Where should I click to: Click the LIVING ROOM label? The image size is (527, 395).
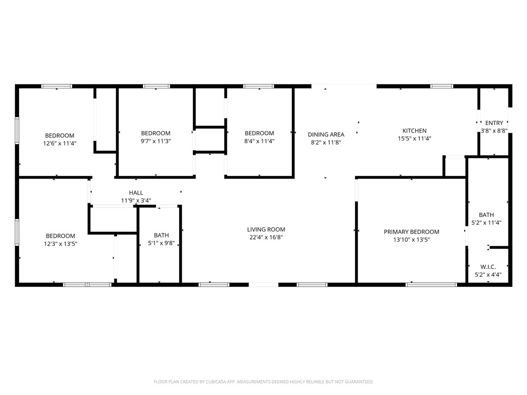[266, 229]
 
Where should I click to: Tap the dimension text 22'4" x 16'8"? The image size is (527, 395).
[266, 237]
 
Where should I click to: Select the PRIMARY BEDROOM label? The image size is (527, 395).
[411, 232]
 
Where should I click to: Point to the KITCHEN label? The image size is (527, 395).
[414, 131]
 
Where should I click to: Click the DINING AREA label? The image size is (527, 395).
[326, 135]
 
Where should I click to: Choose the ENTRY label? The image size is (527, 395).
[494, 123]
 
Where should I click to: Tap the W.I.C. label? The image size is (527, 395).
[487, 266]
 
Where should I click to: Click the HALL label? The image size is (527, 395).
[136, 193]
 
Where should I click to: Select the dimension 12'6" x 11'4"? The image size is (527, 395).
[60, 143]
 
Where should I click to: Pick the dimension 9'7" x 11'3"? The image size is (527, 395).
[155, 141]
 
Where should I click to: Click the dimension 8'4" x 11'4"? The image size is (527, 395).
[259, 141]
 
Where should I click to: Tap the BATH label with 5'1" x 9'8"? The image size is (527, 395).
[161, 235]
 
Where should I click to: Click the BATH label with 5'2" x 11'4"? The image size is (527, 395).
[486, 215]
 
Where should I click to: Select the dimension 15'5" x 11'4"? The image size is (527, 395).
[414, 138]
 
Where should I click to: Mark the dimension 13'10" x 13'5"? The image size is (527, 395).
[411, 240]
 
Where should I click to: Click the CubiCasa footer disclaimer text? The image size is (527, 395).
[263, 382]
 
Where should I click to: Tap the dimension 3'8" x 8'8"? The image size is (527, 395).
[494, 131]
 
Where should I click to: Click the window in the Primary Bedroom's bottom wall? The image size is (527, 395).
[431, 284]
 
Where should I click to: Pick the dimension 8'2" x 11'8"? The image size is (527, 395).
[326, 142]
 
